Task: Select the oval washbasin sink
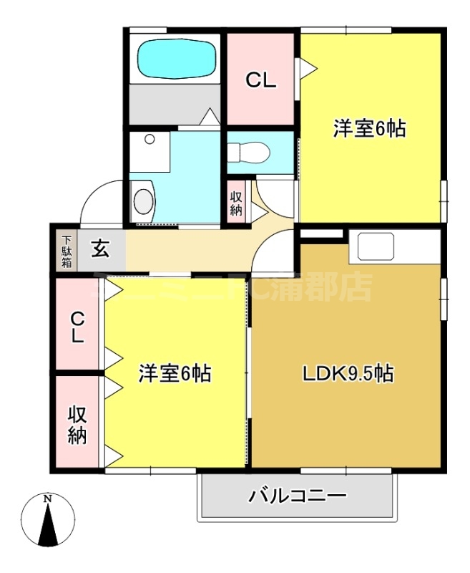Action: click(x=144, y=201)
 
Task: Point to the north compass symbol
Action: click(x=47, y=521)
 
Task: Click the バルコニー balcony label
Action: click(x=298, y=496)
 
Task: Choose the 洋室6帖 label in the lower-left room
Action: click(x=175, y=374)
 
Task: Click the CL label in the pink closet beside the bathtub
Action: click(x=261, y=82)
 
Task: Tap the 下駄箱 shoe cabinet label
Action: click(x=66, y=251)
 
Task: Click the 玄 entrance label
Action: click(x=101, y=250)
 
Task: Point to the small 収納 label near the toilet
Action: click(x=236, y=203)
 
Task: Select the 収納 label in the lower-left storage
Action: click(x=77, y=425)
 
